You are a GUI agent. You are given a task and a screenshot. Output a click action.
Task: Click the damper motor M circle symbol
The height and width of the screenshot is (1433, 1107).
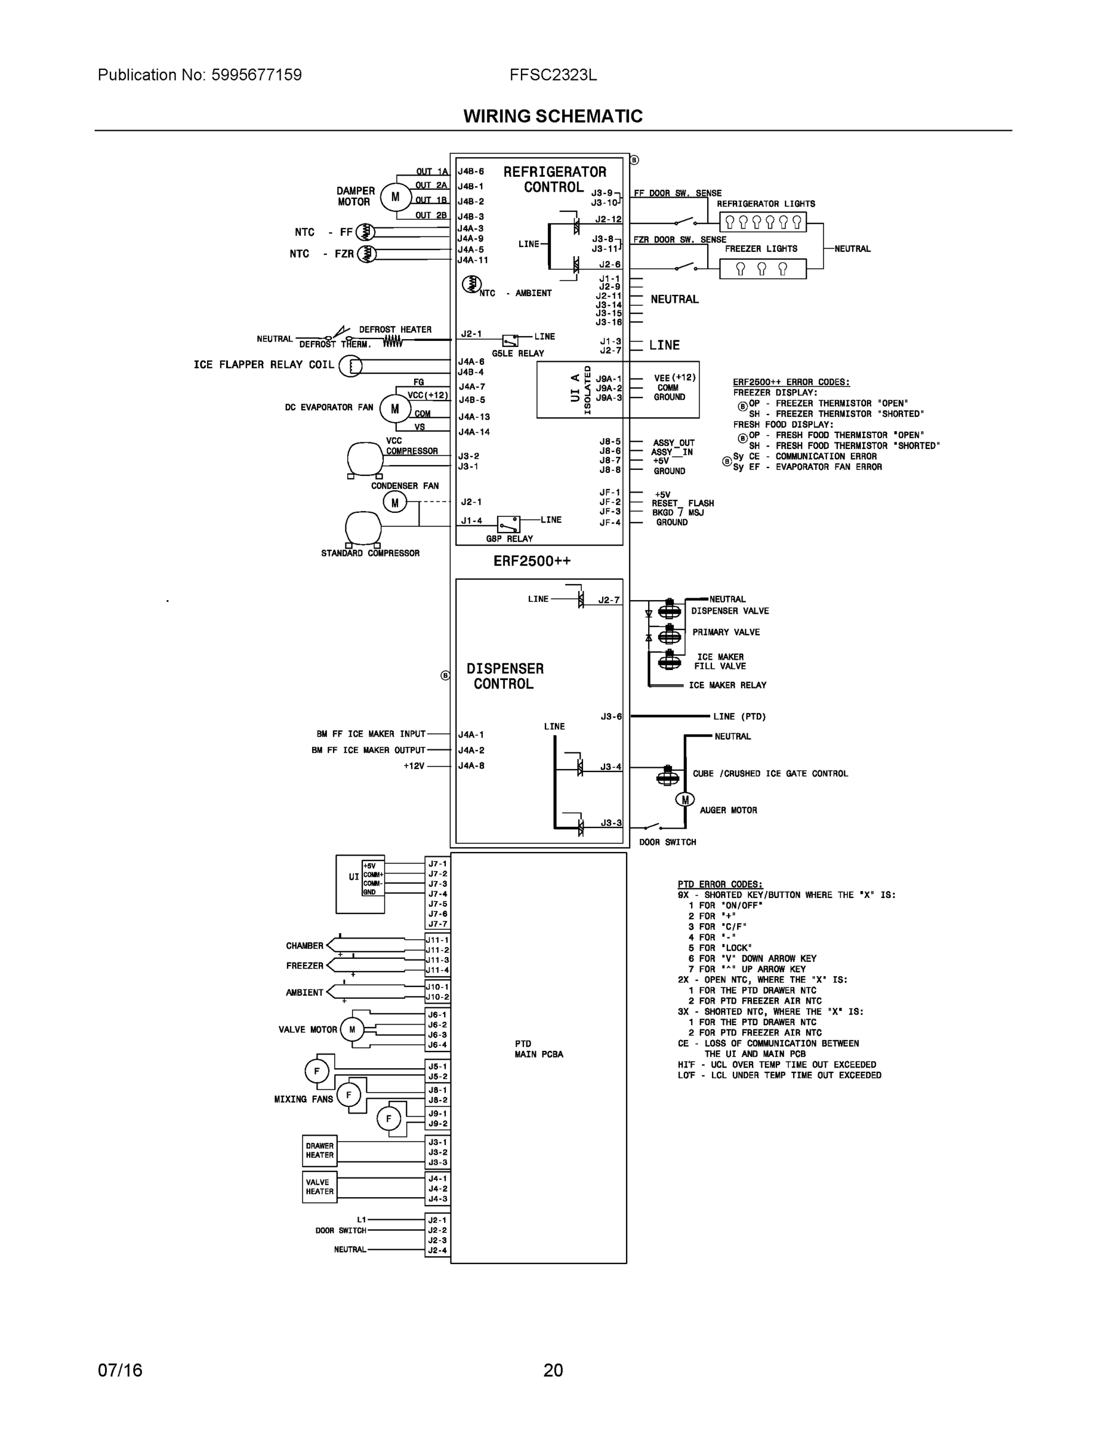[396, 197]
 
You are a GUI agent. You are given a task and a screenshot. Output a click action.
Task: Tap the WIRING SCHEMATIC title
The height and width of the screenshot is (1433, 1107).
[553, 116]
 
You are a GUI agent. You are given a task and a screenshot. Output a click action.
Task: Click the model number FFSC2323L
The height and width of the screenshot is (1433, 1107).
[553, 75]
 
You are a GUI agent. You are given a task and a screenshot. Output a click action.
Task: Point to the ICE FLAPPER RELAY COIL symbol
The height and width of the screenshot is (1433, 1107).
[351, 366]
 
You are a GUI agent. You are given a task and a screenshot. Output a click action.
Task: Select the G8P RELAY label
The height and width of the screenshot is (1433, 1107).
[510, 539]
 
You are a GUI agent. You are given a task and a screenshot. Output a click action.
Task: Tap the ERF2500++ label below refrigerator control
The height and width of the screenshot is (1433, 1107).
[532, 562]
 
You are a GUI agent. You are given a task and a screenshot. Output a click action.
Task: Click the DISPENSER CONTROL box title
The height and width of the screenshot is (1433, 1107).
[504, 676]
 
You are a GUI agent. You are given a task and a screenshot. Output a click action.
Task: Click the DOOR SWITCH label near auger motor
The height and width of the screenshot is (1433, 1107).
[667, 842]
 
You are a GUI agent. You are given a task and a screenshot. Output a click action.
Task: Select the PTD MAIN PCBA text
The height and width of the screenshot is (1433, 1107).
[538, 1048]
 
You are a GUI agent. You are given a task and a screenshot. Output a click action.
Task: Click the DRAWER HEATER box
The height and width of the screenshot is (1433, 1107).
[319, 1151]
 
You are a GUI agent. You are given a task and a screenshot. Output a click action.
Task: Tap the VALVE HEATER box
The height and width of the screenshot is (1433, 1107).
[319, 1187]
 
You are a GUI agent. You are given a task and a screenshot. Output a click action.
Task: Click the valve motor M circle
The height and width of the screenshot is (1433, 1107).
[351, 1029]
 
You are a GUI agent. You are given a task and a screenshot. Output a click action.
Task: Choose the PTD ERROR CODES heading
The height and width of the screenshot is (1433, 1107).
[720, 884]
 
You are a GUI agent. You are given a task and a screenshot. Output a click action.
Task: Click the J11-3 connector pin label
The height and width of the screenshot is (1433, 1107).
[437, 960]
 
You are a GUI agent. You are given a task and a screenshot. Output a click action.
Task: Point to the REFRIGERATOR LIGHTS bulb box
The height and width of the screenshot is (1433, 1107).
[762, 222]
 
